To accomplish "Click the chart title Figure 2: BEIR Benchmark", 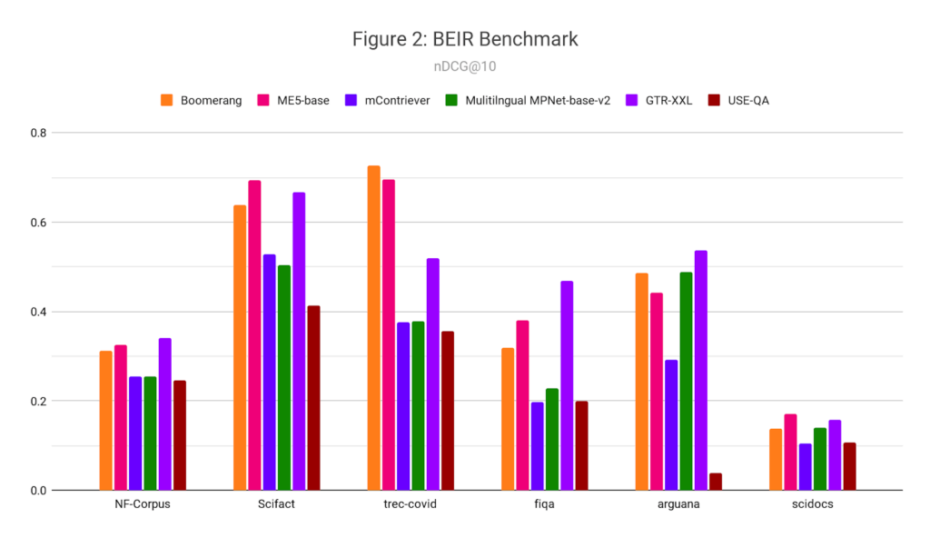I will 464,39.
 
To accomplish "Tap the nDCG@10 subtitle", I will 464,66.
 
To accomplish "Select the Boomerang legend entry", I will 210,100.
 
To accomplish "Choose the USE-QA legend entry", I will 748,100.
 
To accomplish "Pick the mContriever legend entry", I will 392,100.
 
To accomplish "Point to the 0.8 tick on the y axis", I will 37,133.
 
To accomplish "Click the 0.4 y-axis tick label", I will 37,312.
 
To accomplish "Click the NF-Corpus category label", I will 143,504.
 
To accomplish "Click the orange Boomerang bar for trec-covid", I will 373,328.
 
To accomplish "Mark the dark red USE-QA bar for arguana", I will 716,482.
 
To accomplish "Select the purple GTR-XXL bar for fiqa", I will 567,385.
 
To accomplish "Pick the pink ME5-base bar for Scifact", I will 254,335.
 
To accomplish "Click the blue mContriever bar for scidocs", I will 805,467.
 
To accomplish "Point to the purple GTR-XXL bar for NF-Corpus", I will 164,414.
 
